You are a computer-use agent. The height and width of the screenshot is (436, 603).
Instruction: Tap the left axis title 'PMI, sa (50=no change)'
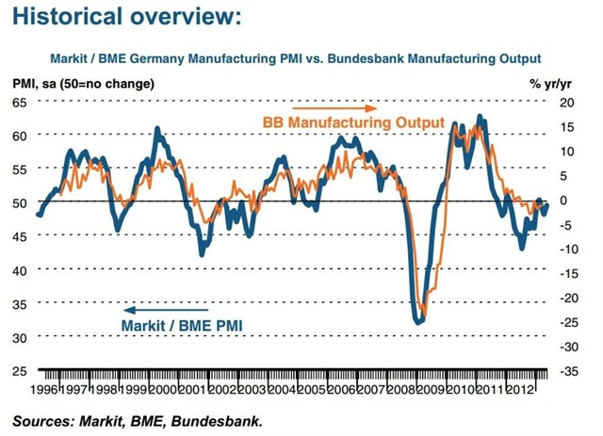click(84, 84)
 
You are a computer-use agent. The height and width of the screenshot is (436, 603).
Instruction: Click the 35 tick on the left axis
click(19, 303)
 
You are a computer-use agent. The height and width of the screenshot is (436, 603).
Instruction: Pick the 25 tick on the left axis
click(19, 370)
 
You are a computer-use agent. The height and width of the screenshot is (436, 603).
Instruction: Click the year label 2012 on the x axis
click(523, 389)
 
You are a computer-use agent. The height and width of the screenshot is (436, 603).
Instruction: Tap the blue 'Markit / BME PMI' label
click(181, 325)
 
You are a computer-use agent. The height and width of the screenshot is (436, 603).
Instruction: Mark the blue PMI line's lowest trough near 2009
click(418, 323)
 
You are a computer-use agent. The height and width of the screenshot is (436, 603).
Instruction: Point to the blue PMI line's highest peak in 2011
click(481, 116)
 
